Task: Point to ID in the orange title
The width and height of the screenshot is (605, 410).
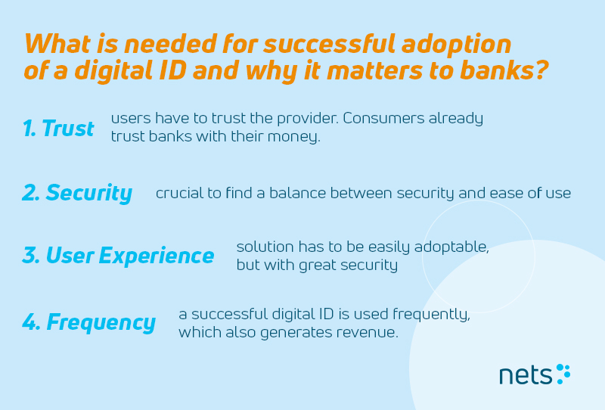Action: click(172, 70)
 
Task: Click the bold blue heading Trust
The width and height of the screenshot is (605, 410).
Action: click(67, 128)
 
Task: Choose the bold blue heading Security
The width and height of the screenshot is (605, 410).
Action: click(88, 193)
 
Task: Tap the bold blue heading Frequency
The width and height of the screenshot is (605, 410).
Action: click(101, 323)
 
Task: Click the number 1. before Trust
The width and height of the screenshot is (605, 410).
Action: click(30, 128)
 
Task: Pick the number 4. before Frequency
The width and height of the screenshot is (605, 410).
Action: click(31, 322)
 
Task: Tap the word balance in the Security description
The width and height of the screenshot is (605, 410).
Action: click(297, 193)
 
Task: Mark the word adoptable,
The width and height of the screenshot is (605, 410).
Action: click(451, 247)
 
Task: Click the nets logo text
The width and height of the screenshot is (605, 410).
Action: click(526, 375)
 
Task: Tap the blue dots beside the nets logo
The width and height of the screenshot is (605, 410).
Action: click(563, 374)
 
